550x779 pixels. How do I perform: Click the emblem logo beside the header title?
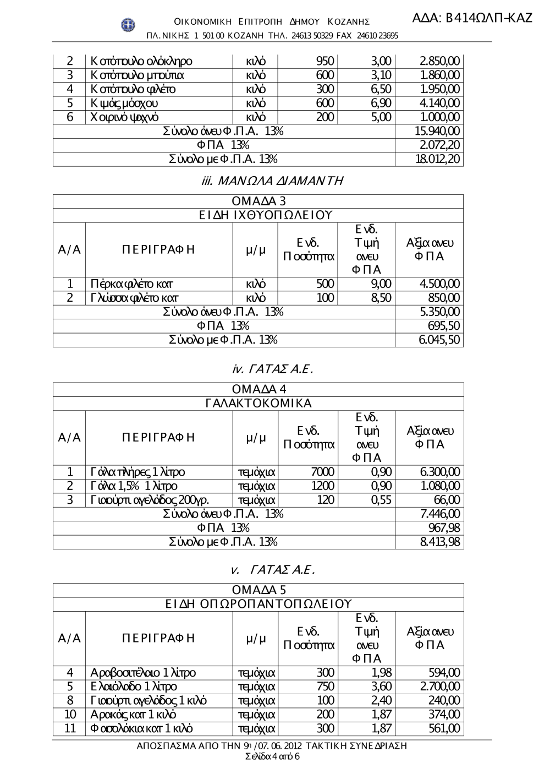click(x=128, y=24)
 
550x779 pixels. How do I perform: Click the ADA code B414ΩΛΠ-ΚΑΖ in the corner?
click(x=472, y=18)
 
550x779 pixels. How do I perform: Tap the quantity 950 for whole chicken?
click(x=325, y=61)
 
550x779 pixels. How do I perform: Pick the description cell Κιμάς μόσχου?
click(x=125, y=103)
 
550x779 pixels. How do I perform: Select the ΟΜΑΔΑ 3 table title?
click(x=258, y=201)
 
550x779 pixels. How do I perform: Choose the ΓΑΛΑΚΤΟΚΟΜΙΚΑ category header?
click(x=258, y=404)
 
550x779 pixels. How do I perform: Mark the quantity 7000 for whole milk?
click(x=322, y=472)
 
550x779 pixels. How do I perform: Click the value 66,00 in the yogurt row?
click(x=447, y=500)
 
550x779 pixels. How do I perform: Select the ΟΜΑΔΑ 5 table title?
click(x=258, y=591)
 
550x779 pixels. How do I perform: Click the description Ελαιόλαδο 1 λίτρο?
click(x=134, y=687)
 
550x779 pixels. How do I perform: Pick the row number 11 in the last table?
click(x=70, y=729)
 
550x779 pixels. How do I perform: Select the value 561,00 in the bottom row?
click(x=444, y=729)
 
